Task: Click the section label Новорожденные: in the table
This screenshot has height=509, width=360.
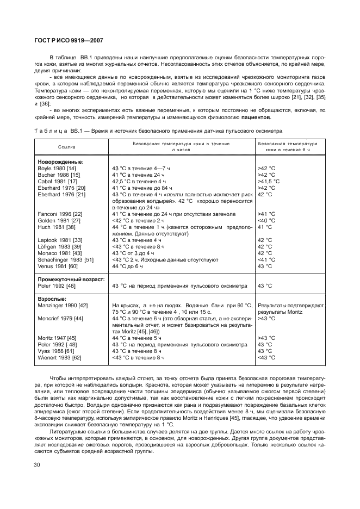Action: click(60, 162)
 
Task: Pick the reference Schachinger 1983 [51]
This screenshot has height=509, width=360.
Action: click(65, 259)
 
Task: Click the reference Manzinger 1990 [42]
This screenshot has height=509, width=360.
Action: click(63, 306)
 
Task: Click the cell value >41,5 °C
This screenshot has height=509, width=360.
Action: click(269, 181)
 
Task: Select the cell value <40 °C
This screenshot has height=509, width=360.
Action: click(266, 220)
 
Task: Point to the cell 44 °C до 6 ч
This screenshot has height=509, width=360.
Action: click(127, 266)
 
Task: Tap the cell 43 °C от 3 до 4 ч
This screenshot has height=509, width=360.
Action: click(133, 253)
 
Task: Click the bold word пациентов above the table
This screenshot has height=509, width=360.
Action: click(256, 117)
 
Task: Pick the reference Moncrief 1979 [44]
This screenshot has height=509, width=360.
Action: click(60, 318)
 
